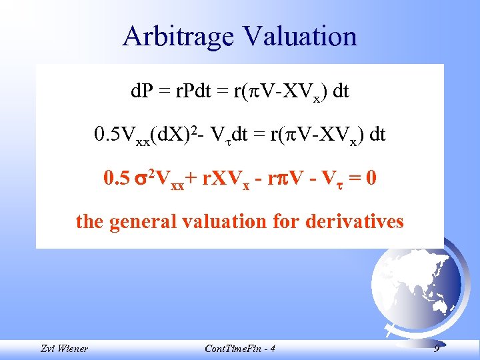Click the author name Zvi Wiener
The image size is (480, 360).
pos(64,349)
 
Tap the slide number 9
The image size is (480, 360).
pos(436,348)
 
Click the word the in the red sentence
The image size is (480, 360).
pos(88,220)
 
